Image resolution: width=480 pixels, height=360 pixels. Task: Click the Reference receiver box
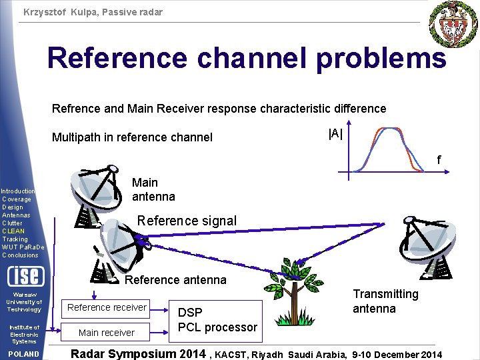point(107,307)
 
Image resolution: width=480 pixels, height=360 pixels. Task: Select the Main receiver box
point(107,333)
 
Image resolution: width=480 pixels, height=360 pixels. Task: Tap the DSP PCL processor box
point(217,321)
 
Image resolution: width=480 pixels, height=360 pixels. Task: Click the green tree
point(293,294)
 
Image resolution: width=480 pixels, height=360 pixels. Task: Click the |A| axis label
point(335,133)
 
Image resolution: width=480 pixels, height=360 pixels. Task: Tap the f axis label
point(438,160)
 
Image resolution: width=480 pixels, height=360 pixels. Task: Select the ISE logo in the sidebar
point(25,275)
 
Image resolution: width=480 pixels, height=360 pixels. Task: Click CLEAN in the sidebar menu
point(13,231)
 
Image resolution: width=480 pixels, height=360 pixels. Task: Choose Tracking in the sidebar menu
point(15,239)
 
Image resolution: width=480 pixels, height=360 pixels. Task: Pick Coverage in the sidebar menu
point(17,199)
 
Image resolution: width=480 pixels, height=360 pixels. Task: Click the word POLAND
point(23,354)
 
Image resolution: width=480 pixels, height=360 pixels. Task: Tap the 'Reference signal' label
point(186,221)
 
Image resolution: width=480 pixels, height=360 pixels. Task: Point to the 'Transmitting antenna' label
point(385,301)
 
